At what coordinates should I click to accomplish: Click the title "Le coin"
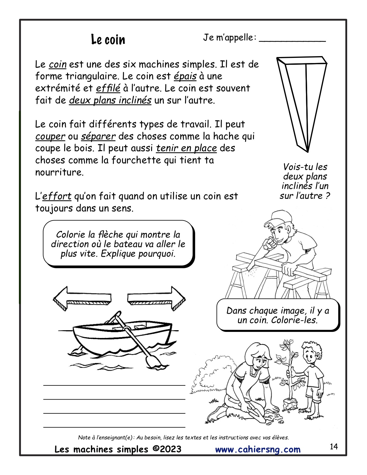[x=108, y=39]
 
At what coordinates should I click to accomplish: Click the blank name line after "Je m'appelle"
[x=292, y=41]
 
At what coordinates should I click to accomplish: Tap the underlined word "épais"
[x=185, y=76]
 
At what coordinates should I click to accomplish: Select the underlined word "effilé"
[x=108, y=88]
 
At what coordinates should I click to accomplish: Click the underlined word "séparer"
[x=98, y=136]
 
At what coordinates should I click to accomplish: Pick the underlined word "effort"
[x=57, y=196]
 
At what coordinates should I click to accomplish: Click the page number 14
[x=334, y=447]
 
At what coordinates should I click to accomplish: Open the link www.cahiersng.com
[x=258, y=449]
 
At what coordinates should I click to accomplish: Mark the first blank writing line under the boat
[x=114, y=385]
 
